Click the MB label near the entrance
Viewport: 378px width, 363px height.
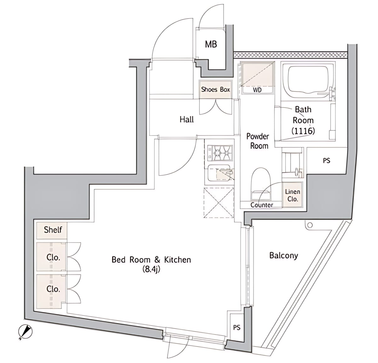tap(211, 44)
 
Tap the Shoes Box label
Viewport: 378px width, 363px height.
tap(215, 89)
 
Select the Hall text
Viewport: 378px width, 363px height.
tap(187, 119)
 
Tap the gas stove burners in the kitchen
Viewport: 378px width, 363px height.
tap(220, 153)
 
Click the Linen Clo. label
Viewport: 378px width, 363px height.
tap(293, 195)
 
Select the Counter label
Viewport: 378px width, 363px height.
tap(262, 205)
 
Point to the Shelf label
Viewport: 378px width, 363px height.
tap(53, 230)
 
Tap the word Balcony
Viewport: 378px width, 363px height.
tap(283, 255)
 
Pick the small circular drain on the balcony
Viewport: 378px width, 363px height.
tap(310, 225)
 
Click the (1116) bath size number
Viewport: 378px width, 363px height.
tap(303, 131)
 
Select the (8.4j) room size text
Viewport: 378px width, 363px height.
tap(151, 269)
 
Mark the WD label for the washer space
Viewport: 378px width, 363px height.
tap(257, 90)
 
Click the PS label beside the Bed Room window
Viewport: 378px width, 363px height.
tap(237, 328)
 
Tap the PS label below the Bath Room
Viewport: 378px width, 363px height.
tap(327, 161)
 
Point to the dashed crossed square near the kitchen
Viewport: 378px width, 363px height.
tap(219, 203)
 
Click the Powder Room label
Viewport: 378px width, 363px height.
tap(258, 141)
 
